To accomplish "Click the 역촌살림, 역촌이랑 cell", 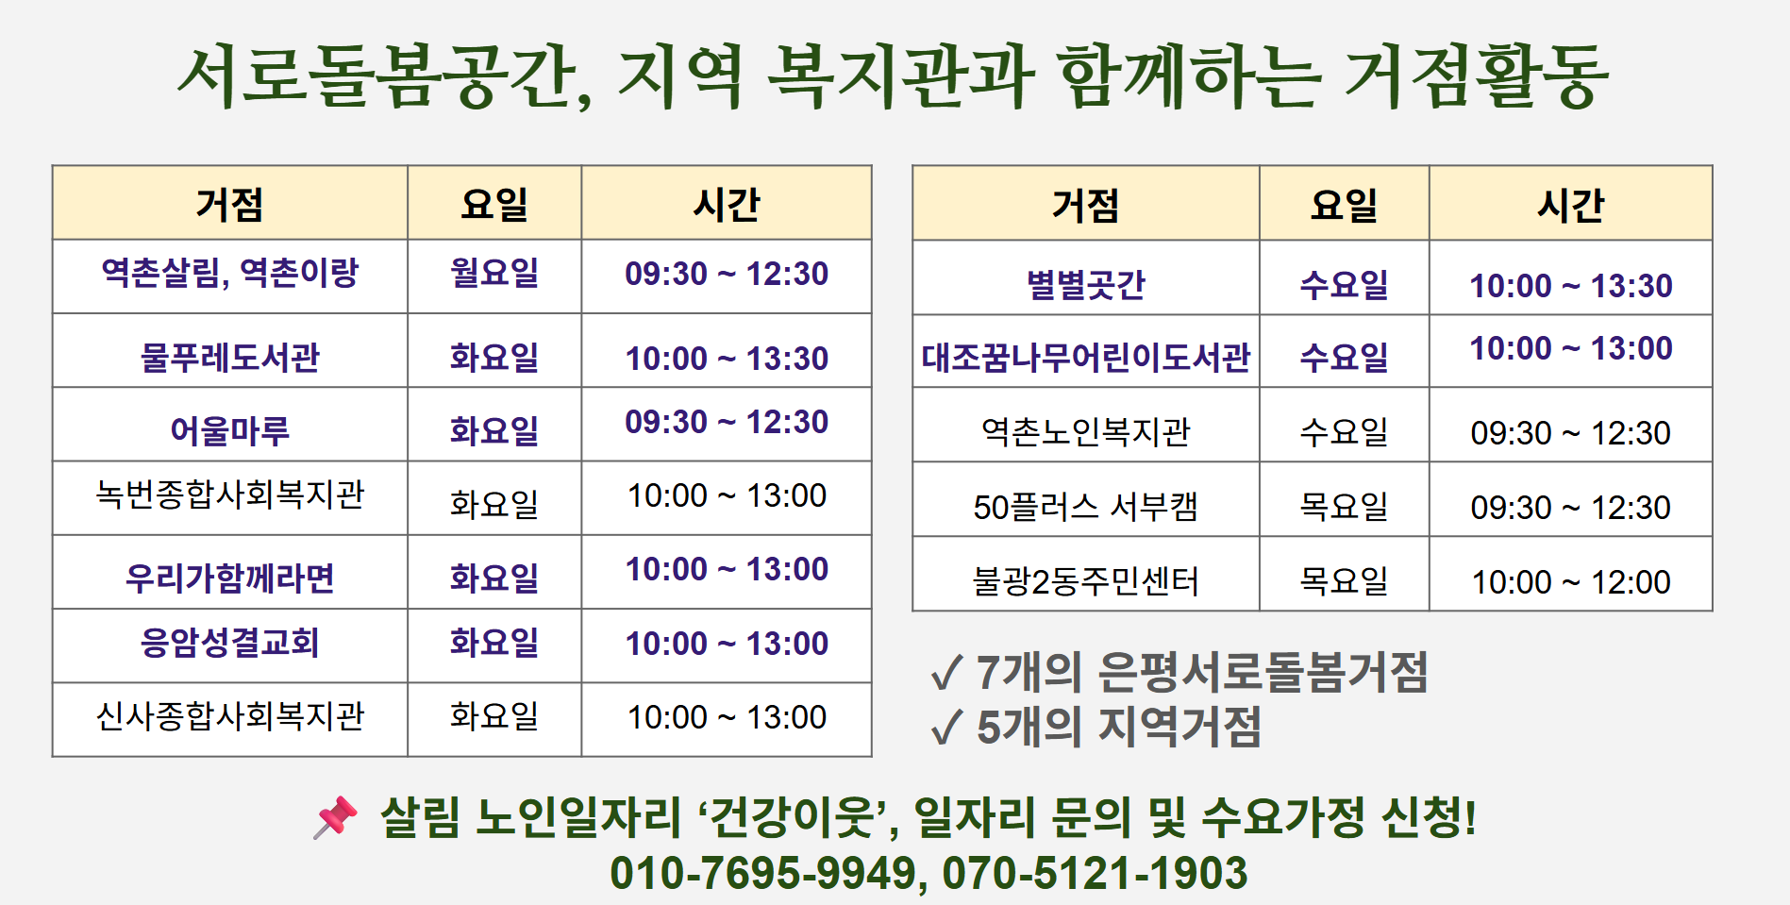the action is (x=230, y=274).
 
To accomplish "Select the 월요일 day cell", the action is (x=494, y=274).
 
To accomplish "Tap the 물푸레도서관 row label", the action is (x=230, y=358).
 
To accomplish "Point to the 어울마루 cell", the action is (x=230, y=431).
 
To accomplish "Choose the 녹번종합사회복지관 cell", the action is (x=230, y=494).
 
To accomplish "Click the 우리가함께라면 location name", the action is (x=230, y=578).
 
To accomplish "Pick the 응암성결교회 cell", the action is (x=230, y=643).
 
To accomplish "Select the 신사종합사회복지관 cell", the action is (x=230, y=716).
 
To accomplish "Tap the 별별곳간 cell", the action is (x=1086, y=285).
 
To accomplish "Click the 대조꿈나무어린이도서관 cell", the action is (x=1086, y=358).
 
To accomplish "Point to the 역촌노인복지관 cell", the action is (x=1086, y=432).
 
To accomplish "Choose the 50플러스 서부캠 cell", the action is (x=1086, y=507).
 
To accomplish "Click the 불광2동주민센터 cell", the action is (x=1086, y=581).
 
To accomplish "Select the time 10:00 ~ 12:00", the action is (x=1571, y=582).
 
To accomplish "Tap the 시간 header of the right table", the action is (x=1571, y=205).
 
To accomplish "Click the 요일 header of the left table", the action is (x=494, y=204).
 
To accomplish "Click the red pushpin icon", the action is (x=336, y=816).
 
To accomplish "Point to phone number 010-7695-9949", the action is (x=762, y=873).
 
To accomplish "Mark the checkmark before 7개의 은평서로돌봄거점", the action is (x=946, y=673).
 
